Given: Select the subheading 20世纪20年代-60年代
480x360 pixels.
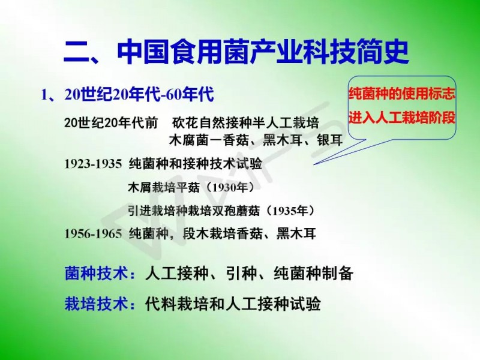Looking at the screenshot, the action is pos(139,94).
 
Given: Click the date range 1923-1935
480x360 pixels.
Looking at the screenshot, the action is pos(93,164).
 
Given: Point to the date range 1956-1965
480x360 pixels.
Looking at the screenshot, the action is pos(93,234).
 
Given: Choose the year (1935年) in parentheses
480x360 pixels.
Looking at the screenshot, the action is pos(290,211).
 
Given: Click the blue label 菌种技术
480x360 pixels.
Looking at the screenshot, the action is pos(96,273).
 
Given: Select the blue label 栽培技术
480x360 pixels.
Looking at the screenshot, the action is pos(96,304).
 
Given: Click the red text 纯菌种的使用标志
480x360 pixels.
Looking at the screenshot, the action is pos(401,94).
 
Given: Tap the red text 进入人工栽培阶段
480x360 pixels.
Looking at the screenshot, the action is pos(401,118).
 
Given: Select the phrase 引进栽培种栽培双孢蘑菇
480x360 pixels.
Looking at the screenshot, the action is pos(194,211).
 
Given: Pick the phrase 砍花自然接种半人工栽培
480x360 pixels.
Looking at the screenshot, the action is pos(245,123).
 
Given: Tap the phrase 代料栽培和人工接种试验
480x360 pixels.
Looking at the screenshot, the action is pos(233,304).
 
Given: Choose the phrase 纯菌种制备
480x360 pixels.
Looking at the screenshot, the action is pos(313,273).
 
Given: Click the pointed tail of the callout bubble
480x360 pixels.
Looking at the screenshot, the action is pos(314,164).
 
